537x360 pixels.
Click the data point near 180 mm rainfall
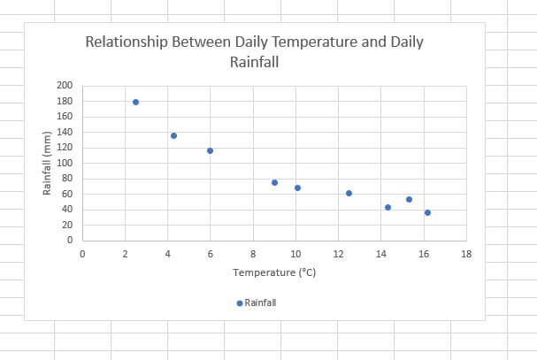pos(135,102)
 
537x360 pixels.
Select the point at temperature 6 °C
pos(210,150)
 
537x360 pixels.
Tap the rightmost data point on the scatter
pos(427,212)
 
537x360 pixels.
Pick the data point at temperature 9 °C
pos(274,182)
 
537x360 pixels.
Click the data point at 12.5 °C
pos(349,193)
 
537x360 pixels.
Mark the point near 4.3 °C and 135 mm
pos(173,135)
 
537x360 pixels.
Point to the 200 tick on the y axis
pos(64,86)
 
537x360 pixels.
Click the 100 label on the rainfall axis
pos(64,163)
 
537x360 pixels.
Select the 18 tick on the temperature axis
pos(466,254)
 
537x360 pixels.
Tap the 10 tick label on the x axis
pos(295,254)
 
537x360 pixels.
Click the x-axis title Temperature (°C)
pos(274,272)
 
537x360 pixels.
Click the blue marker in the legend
pos(239,303)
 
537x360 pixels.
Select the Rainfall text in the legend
pos(260,303)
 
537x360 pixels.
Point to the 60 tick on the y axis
pos(66,194)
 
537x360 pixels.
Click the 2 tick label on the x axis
pos(125,254)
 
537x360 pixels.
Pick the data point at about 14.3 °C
pos(387,207)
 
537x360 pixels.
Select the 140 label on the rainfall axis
pos(64,132)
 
